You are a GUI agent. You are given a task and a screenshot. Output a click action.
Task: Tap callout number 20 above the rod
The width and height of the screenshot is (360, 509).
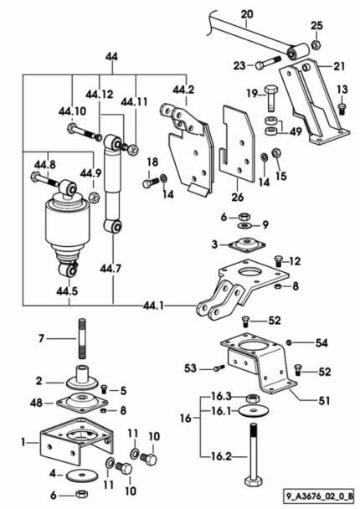pos(247,14)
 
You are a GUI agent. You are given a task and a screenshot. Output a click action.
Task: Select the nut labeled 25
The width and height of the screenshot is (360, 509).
pos(315,44)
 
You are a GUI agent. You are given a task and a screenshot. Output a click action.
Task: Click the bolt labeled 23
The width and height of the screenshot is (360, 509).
pos(268,62)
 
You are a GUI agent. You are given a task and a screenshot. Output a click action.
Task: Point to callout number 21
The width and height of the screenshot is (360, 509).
pos(339,66)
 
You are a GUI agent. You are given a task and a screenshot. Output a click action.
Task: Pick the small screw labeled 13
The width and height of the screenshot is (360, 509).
pos(342,109)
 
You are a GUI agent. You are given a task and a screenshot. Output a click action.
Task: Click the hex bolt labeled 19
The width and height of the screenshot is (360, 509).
pos(270,97)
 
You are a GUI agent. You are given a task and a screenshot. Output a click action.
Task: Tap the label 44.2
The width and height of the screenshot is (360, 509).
pos(183,90)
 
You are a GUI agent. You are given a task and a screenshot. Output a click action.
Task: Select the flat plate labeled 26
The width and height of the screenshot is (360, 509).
pos(237,143)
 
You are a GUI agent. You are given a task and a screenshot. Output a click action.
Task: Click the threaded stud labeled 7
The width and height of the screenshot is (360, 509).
pos(82,338)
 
